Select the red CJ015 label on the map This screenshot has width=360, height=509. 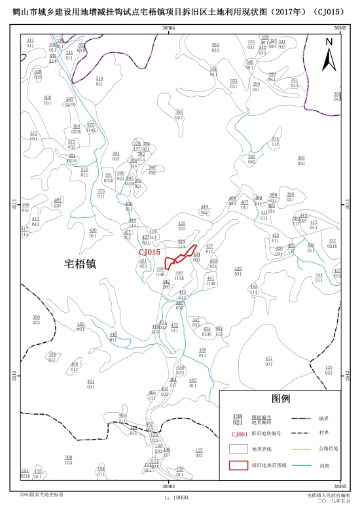[x=149, y=252]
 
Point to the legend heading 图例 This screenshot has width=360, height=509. [x=280, y=398]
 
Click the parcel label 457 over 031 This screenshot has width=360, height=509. [x=269, y=361]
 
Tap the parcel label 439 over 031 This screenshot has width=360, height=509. [x=238, y=270]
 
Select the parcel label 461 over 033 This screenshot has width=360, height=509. [x=91, y=382]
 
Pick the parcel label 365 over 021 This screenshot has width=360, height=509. [x=179, y=114]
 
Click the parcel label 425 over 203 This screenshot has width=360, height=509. [x=182, y=226]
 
